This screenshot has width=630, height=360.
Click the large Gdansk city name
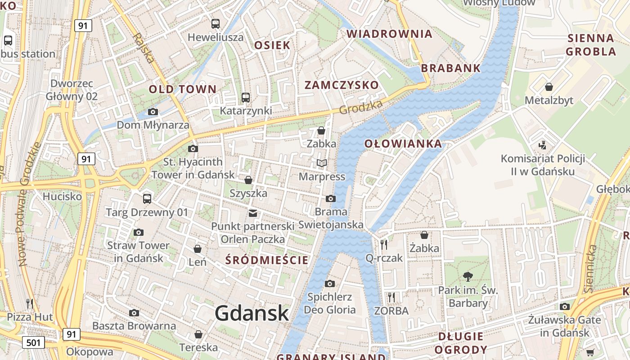(x=252, y=313)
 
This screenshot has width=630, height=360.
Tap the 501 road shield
(x=33, y=342)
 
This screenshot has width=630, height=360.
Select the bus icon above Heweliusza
(x=216, y=24)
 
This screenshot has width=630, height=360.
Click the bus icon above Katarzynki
(x=246, y=97)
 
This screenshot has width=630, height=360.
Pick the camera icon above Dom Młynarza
(x=153, y=112)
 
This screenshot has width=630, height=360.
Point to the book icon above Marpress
(x=321, y=163)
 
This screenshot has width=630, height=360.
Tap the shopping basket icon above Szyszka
(x=248, y=180)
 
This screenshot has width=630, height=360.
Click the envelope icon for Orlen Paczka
(x=253, y=213)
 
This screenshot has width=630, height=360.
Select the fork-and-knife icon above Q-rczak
(x=384, y=244)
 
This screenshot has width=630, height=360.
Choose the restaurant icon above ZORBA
(x=391, y=297)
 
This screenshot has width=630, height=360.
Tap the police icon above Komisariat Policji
(x=543, y=145)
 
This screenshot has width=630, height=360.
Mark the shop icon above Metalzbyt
(x=549, y=86)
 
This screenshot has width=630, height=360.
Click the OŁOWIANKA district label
(x=403, y=144)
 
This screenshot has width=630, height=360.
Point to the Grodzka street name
(x=361, y=107)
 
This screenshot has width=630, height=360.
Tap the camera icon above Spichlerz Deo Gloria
(x=330, y=283)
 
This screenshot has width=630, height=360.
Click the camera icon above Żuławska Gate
(x=565, y=306)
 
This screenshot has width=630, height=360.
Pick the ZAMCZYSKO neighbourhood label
(x=342, y=85)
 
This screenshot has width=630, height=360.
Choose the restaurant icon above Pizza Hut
(x=30, y=303)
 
